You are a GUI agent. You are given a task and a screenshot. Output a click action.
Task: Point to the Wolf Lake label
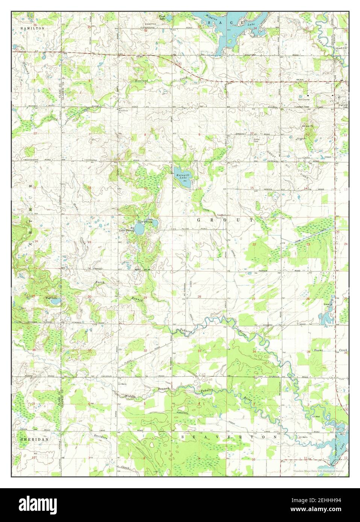(51, 298)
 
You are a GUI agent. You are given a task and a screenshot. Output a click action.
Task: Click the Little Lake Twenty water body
(154, 224)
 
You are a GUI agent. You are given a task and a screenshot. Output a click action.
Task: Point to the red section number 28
(199, 297)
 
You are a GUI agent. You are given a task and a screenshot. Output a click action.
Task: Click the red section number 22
(254, 244)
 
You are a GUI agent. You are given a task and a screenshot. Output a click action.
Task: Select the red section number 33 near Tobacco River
(200, 351)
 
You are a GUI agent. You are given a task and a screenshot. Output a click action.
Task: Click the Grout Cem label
(257, 140)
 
